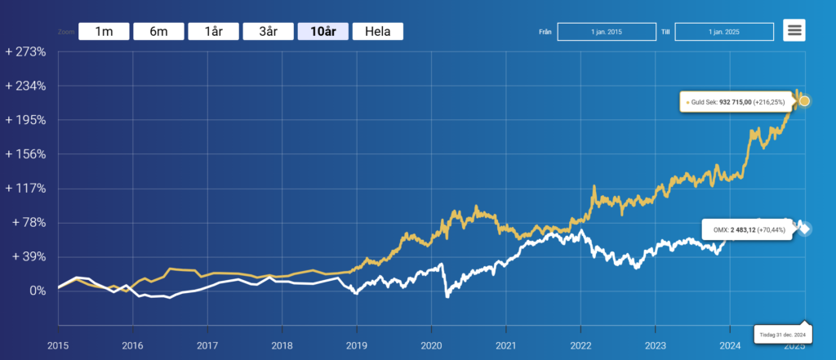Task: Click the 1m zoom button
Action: [104, 32]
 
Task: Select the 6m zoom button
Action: [158, 32]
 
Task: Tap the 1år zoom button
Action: [213, 32]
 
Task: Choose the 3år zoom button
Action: [268, 32]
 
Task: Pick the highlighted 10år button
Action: [323, 32]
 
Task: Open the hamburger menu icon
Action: [794, 31]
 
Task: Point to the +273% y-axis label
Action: [26, 51]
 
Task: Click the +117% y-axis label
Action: [26, 188]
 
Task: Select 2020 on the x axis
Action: [431, 346]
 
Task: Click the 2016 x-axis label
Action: [132, 346]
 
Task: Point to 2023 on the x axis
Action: [655, 346]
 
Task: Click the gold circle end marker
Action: [804, 101]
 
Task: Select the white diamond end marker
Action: [804, 229]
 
